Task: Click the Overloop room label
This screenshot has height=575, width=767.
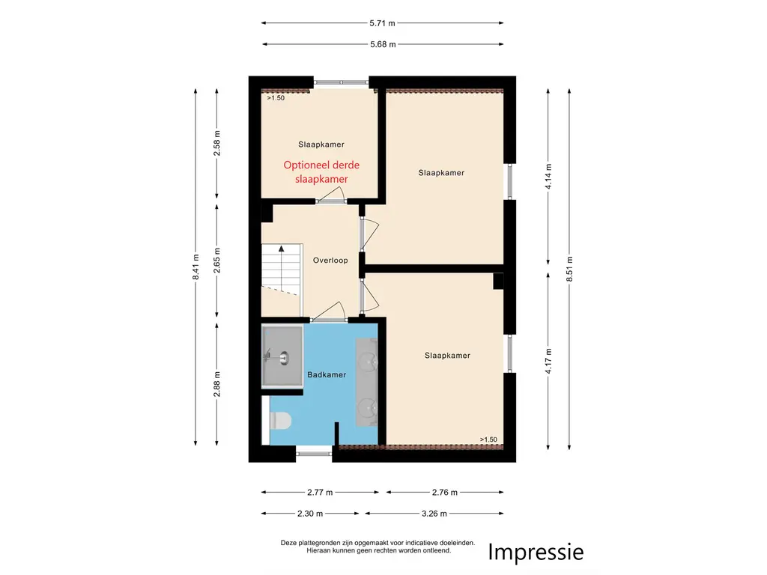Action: point(330,260)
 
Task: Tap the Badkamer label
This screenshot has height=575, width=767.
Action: point(327,374)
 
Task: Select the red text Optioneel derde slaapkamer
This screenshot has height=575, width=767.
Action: point(321,172)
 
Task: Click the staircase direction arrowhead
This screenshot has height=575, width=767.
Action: point(282,249)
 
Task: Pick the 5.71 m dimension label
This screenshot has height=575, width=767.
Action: point(382,23)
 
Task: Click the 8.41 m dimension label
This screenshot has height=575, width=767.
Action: point(195,267)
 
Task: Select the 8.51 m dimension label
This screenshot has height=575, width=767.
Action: point(569,269)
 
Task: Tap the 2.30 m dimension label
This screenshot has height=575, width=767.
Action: point(310,514)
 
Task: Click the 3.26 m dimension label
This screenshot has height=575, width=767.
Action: point(434,514)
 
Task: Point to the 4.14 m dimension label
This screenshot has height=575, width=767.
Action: point(548,177)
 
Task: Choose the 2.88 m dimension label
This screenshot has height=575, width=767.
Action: point(217,384)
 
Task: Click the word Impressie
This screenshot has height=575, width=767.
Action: point(536,552)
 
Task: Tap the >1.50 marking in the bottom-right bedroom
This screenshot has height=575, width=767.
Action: point(488,439)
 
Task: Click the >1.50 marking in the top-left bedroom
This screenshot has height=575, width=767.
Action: point(276,98)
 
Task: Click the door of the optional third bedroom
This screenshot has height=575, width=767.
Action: point(331,195)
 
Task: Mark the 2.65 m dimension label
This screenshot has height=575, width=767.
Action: point(217,261)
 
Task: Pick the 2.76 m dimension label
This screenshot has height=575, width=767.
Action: point(445,493)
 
